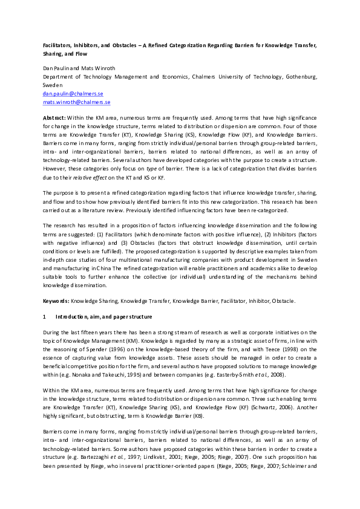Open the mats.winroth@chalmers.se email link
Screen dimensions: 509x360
click(71, 103)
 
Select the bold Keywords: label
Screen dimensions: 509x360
click(56, 300)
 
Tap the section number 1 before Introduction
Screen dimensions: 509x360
click(44, 316)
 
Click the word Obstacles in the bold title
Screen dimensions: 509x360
click(129, 45)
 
